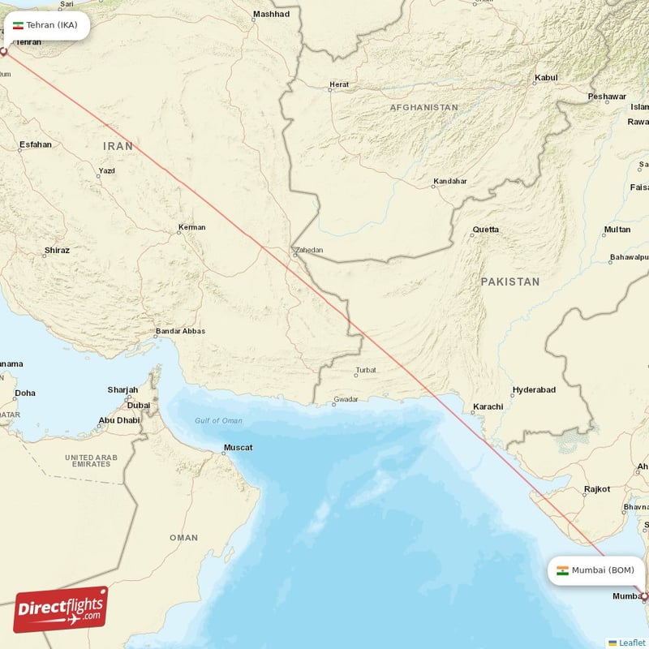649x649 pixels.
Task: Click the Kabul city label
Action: click(546, 78)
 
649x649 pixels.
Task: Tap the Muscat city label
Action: click(238, 447)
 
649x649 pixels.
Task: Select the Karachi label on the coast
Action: click(488, 406)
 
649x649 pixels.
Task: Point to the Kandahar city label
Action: click(450, 181)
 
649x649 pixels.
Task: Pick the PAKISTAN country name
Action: click(509, 282)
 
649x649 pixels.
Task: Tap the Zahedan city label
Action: click(308, 251)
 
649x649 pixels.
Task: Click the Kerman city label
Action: click(192, 227)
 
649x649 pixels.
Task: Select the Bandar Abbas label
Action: click(180, 331)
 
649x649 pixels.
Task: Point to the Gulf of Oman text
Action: click(218, 420)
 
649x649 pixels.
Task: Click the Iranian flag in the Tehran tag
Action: click(18, 25)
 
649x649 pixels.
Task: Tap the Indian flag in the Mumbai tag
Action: click(562, 569)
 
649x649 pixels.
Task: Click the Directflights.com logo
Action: click(61, 609)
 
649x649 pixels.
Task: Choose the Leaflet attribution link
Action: click(632, 643)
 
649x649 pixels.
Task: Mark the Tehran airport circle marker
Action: click(3, 52)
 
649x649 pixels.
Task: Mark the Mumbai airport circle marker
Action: click(645, 596)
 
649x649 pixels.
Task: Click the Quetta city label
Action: click(486, 230)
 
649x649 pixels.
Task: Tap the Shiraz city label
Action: click(57, 251)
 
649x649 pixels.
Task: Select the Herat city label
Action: click(338, 84)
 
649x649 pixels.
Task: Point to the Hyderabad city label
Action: click(534, 389)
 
